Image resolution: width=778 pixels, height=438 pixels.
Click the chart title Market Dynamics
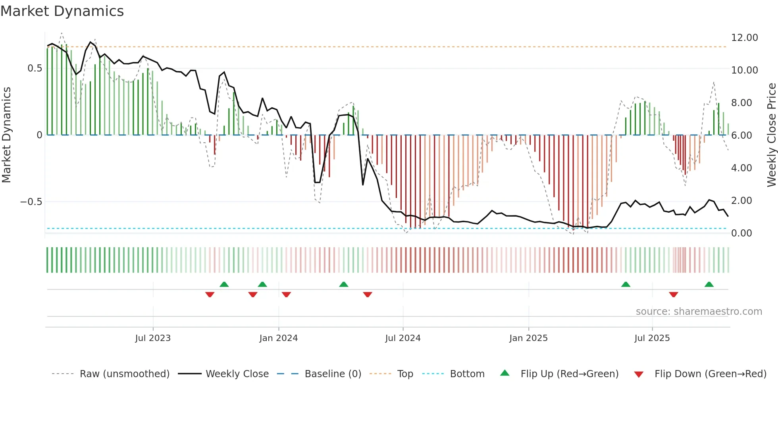(x=62, y=11)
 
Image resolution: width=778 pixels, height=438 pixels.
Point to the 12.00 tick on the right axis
(x=744, y=38)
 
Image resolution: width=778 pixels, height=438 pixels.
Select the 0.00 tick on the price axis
(x=741, y=233)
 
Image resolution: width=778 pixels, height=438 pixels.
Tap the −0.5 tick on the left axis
(x=31, y=202)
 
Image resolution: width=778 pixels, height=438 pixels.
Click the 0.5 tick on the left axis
(x=35, y=68)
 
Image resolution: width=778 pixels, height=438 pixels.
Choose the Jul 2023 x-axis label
(x=153, y=338)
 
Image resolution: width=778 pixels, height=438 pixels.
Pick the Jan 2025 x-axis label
(x=528, y=338)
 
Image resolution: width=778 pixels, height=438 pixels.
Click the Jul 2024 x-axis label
(x=402, y=338)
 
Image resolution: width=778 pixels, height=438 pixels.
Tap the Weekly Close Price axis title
(x=771, y=135)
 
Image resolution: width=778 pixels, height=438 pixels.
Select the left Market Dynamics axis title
(x=6, y=135)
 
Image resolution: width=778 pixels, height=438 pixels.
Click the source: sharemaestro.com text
(x=699, y=312)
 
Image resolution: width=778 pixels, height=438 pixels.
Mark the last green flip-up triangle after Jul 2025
(x=709, y=285)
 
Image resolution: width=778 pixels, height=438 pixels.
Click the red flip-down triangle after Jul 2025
(x=673, y=295)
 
